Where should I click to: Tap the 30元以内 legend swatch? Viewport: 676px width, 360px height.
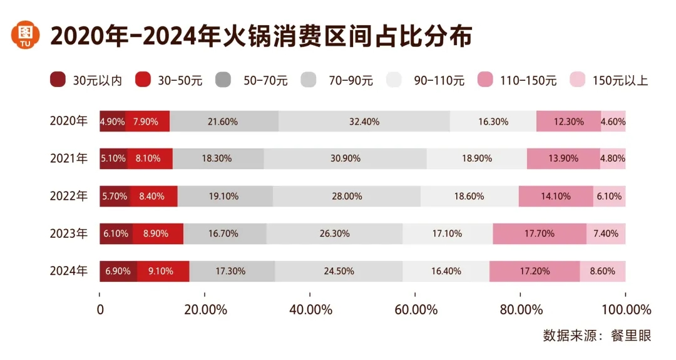(x=57, y=80)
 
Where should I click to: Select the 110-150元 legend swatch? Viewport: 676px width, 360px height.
(x=486, y=80)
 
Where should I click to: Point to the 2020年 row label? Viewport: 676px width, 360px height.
(x=69, y=121)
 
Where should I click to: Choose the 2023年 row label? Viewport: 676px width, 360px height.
(x=69, y=234)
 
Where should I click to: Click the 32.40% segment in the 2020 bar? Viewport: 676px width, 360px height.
(x=364, y=121)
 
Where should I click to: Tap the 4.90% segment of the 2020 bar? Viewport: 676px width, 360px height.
(x=113, y=121)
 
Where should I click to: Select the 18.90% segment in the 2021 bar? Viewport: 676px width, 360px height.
(x=477, y=158)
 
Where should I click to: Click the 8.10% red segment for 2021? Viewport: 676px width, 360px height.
(x=150, y=158)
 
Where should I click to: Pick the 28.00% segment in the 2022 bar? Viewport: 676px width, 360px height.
(x=347, y=196)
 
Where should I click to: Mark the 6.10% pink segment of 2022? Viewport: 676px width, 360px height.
(x=609, y=196)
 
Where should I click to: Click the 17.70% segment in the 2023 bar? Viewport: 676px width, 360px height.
(x=540, y=234)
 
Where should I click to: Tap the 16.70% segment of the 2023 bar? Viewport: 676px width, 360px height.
(x=225, y=234)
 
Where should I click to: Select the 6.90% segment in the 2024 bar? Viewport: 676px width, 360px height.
(x=118, y=271)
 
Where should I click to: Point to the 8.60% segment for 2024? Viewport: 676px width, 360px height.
(x=602, y=271)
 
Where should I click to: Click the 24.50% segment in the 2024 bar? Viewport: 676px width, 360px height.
(x=339, y=271)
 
